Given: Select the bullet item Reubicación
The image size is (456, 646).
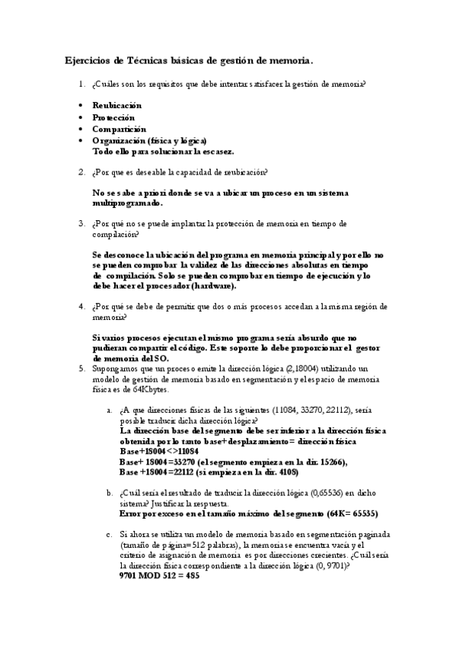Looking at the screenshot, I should point(116,105).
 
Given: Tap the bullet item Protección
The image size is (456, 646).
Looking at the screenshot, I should point(113,117).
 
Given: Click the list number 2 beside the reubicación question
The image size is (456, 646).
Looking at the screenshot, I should point(81,172).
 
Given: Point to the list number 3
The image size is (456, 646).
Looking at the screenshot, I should point(81,224).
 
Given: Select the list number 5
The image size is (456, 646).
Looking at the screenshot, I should point(81,369).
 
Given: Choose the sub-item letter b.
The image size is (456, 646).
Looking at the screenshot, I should point(110,494).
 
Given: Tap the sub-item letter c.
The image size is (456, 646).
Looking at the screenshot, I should point(110,536).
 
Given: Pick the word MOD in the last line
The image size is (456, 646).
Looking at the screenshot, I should point(149,575).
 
